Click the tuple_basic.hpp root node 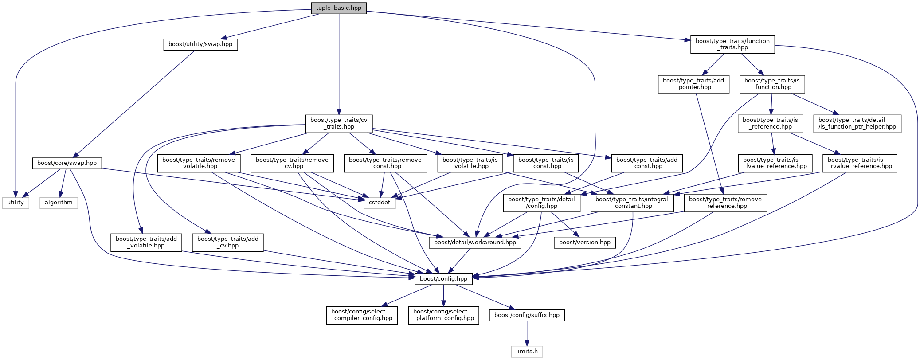[x=339, y=8]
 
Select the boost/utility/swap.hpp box [x=200, y=44]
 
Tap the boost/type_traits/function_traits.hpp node [x=732, y=44]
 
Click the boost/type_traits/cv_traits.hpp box [x=339, y=123]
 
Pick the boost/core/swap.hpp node [x=67, y=163]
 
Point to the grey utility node [x=16, y=203]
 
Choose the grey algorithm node [x=59, y=203]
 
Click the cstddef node [x=380, y=203]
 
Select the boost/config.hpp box [x=443, y=279]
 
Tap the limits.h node [x=527, y=352]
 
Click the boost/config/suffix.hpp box [x=527, y=315]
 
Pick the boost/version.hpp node [x=584, y=243]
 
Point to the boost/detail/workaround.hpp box [x=475, y=243]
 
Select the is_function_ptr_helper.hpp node [x=857, y=123]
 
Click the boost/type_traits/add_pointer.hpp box [x=693, y=84]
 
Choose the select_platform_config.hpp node [x=443, y=315]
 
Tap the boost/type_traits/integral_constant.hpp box [x=632, y=203]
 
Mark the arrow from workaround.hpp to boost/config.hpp [x=459, y=261]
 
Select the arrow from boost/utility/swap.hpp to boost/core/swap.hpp [x=135, y=104]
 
